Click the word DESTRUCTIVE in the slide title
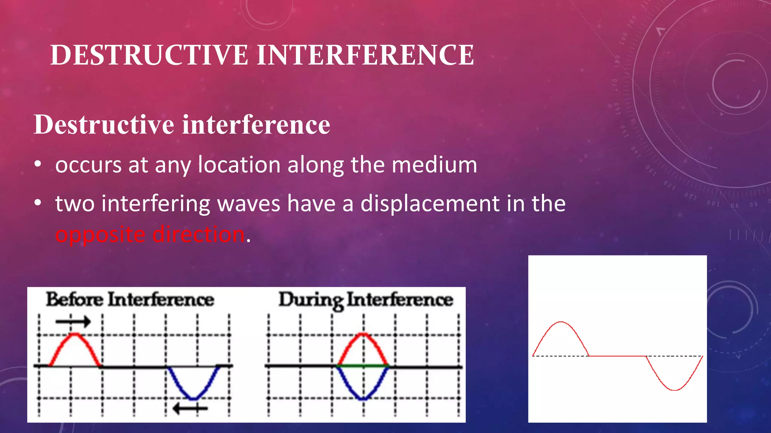pyautogui.click(x=149, y=55)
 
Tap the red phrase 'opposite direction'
pyautogui.click(x=150, y=235)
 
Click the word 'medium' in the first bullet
pyautogui.click(x=434, y=165)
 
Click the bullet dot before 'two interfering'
pyautogui.click(x=37, y=203)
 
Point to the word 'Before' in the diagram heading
pyautogui.click(x=75, y=300)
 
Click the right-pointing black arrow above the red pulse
pyautogui.click(x=73, y=321)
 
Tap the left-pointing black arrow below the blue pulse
pyautogui.click(x=190, y=408)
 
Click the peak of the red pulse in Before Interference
pyautogui.click(x=75, y=335)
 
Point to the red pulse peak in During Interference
pyautogui.click(x=363, y=334)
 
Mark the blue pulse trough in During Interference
pyautogui.click(x=363, y=398)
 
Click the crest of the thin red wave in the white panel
pyautogui.click(x=561, y=322)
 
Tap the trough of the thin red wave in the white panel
pyautogui.click(x=675, y=390)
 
